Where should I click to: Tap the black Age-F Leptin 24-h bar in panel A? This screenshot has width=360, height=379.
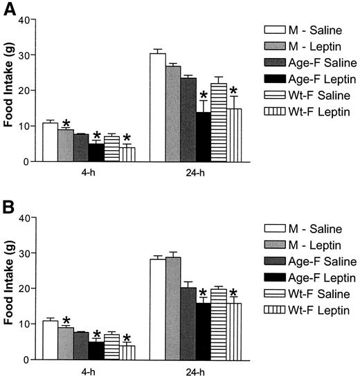[x=204, y=137]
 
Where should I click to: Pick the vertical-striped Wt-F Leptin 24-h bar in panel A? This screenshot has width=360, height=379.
[x=234, y=135]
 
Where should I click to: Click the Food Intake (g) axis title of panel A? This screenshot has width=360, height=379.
[x=8, y=90]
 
